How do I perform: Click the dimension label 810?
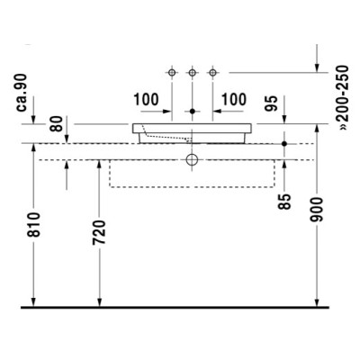coord(33,225)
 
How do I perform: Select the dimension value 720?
coord(99,232)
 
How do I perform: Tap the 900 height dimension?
coord(316,210)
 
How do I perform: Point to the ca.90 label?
coord(22,93)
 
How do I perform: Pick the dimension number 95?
coord(272,103)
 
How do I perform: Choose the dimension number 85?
coord(284,202)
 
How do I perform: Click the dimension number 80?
coord(57,123)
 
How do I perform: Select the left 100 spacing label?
coord(146,100)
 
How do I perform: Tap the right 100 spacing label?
coord(234,100)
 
